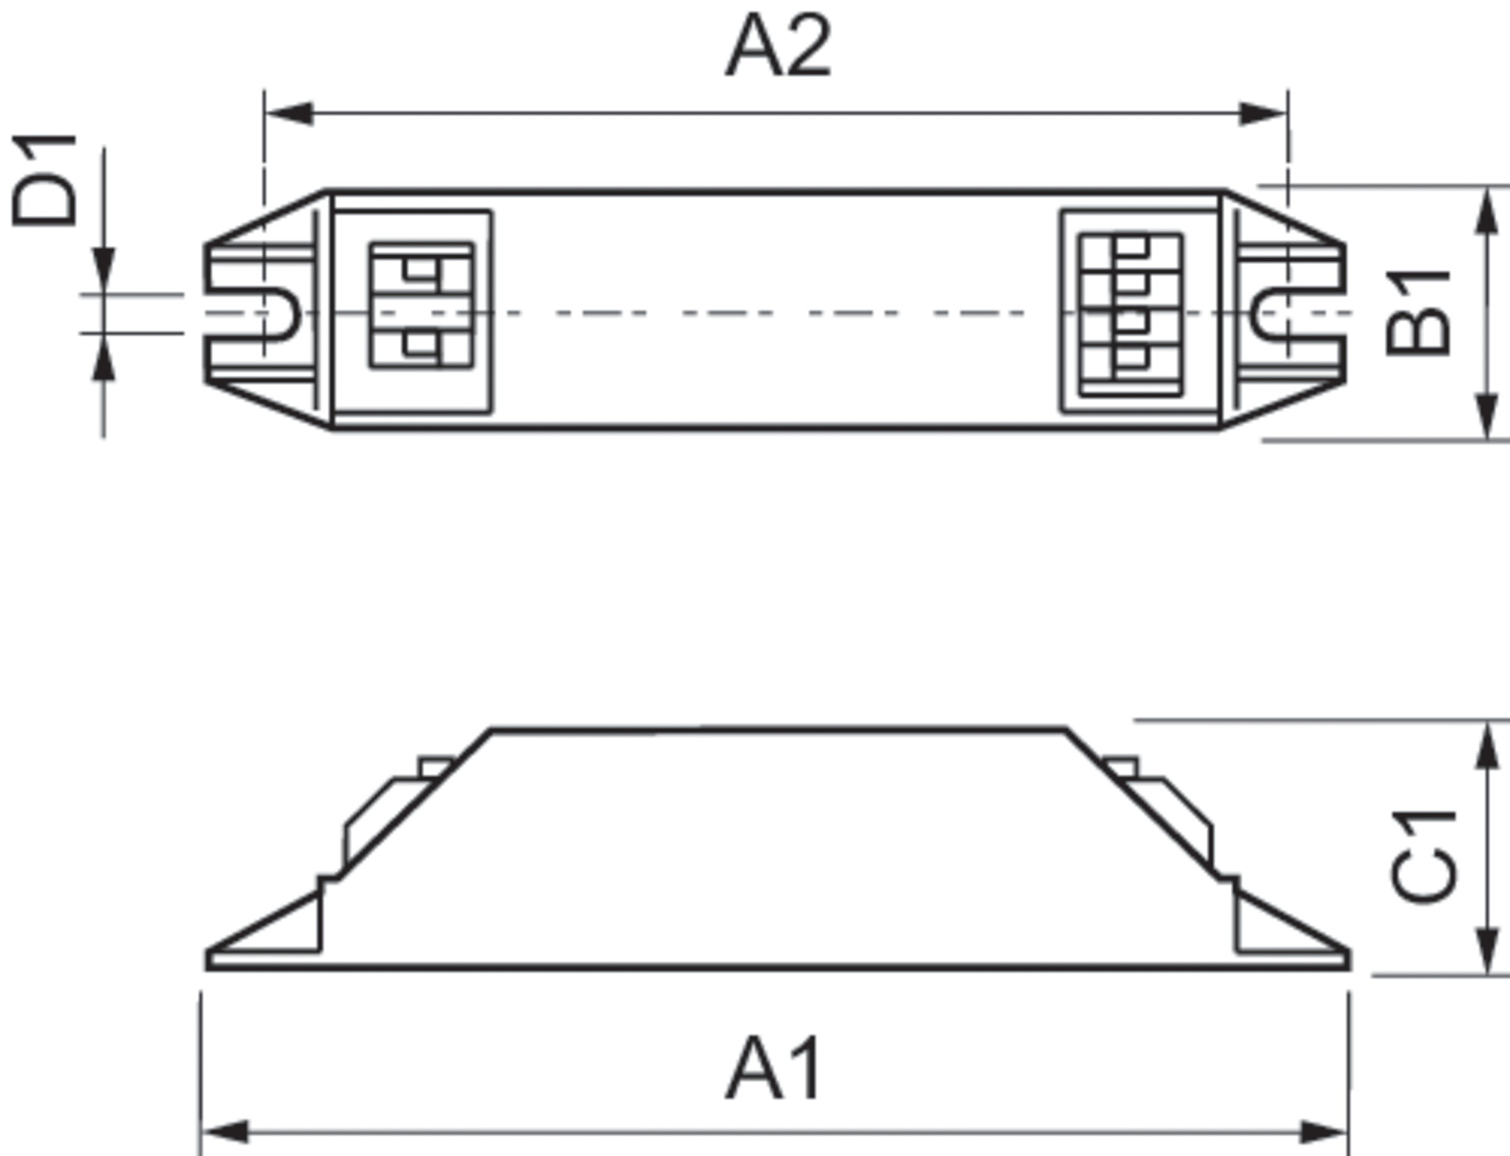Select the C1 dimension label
point(1423,857)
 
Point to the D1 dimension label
point(44,181)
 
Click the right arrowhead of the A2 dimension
point(1262,114)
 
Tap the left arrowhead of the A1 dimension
point(226,1132)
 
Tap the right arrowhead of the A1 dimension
point(1323,1132)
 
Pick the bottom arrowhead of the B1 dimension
point(1487,416)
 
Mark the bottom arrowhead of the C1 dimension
point(1487,950)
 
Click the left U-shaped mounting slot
point(279,314)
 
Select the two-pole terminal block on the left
point(421,305)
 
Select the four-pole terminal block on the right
point(1131,314)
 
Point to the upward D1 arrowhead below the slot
point(104,359)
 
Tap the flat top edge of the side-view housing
point(778,730)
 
